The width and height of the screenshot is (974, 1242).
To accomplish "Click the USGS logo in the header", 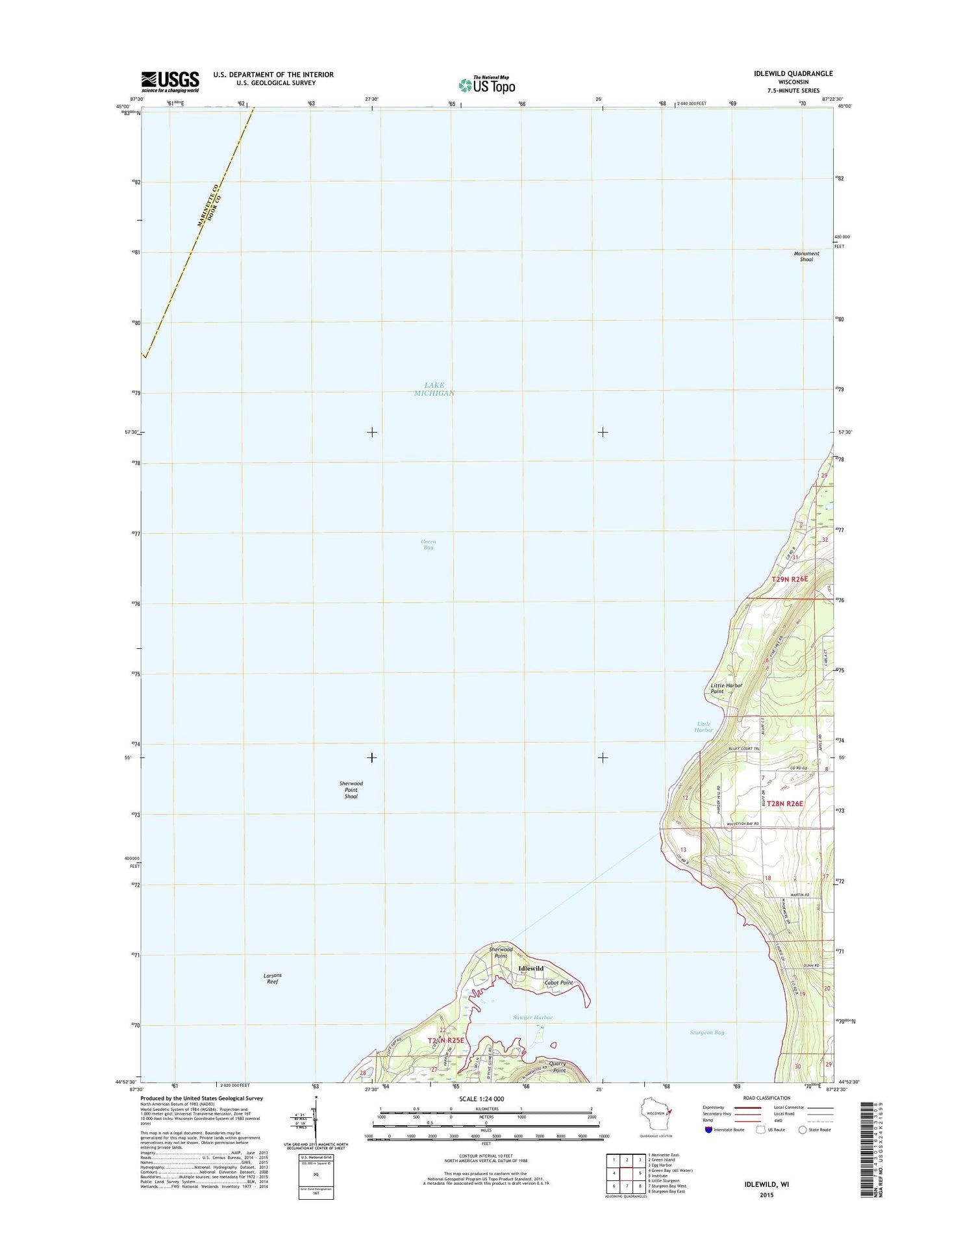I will point(170,81).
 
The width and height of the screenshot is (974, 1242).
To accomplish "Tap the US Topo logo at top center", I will point(486,84).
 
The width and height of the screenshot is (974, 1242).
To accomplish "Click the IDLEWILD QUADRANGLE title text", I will point(793,73).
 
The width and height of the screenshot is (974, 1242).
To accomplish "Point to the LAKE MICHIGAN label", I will point(434,389).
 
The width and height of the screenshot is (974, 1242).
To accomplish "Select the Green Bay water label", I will point(428,544).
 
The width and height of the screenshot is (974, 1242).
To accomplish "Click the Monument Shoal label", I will point(806,257).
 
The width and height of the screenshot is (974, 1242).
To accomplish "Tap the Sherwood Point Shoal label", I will point(351,790).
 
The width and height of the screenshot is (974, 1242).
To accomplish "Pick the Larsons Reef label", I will point(273,978).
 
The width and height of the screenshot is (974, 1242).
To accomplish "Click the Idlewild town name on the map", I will point(531,969).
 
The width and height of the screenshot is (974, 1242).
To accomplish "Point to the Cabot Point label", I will point(558,983).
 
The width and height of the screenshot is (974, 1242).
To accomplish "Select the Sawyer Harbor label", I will point(532,1017).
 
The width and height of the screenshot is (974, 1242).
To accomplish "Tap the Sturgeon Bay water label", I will point(706,1032).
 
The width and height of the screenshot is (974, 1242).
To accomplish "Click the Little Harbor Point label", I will point(726,689).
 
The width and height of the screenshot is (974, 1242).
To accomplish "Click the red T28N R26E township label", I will point(785,804).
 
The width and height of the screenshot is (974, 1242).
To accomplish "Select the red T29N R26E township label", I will point(790,579).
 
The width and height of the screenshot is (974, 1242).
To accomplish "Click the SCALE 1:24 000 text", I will point(481,1099).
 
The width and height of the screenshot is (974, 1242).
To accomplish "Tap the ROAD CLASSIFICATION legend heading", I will point(767,1098).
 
